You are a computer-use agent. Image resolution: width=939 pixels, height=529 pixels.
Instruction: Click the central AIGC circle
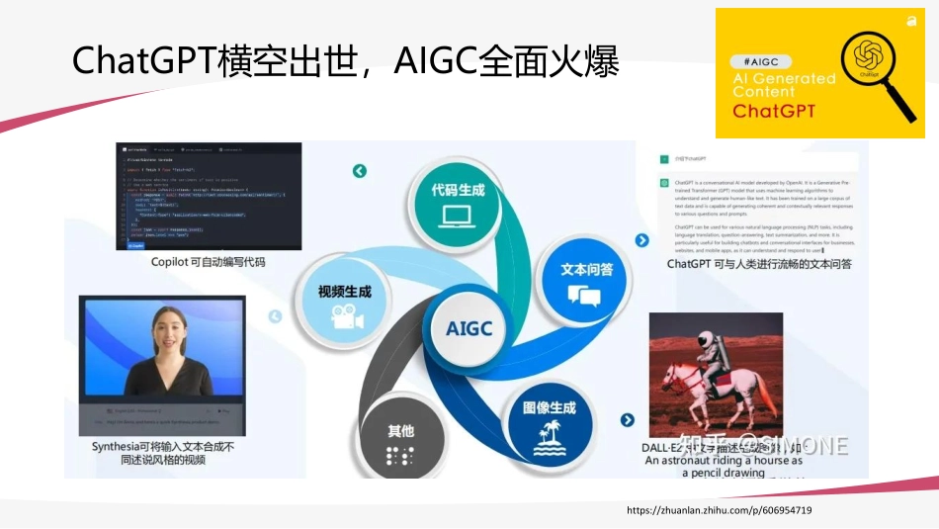pos(469,328)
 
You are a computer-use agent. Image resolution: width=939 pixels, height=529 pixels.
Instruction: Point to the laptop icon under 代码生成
pos(458,216)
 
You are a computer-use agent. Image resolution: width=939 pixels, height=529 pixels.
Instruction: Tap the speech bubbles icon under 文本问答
pos(584,296)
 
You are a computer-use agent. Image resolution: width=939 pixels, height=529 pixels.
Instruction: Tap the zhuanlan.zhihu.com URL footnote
pos(720,510)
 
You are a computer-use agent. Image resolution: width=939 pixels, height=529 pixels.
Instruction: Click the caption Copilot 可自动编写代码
pos(209,262)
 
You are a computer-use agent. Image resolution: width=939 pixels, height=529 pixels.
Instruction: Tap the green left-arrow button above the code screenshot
pos(359,171)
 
